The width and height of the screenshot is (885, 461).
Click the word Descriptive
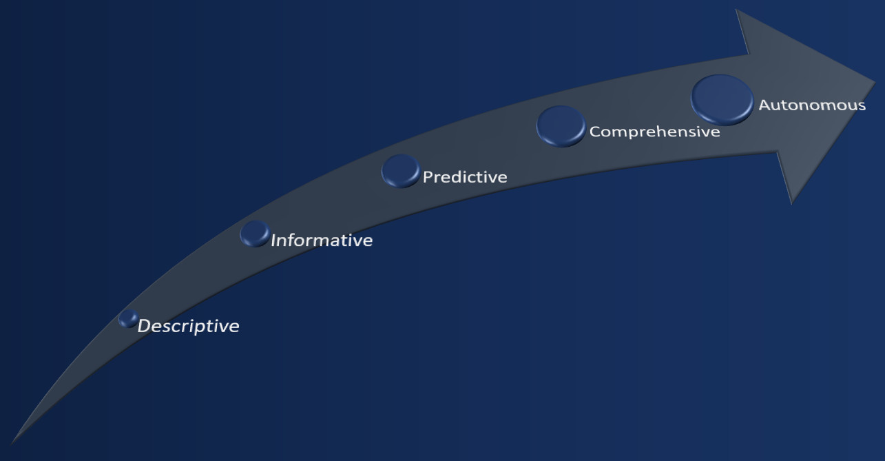(x=188, y=327)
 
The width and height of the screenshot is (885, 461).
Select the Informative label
(x=322, y=240)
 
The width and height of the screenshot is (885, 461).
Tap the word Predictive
(x=465, y=177)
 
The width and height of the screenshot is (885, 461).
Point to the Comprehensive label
(x=655, y=132)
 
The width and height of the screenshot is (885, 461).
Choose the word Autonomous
(x=812, y=105)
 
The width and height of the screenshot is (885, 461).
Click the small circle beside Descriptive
(x=128, y=318)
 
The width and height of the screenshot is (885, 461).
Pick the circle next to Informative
(x=256, y=234)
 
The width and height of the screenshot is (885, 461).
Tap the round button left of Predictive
(x=401, y=171)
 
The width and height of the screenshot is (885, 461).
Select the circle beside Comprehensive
(x=561, y=126)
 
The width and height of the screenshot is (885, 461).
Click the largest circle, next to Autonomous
(x=722, y=100)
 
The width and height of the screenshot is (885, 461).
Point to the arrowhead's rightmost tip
(x=875, y=82)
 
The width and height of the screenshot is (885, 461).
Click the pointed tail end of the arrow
(x=12, y=443)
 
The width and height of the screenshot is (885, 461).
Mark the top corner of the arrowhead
(x=736, y=10)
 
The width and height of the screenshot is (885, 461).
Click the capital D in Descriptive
(x=145, y=326)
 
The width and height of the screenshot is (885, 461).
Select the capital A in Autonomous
(x=766, y=105)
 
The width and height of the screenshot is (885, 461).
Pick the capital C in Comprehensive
(x=596, y=132)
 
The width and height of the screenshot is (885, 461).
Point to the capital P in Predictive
(x=428, y=177)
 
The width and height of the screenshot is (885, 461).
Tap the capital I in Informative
(x=273, y=240)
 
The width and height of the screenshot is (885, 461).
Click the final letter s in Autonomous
(x=862, y=107)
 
